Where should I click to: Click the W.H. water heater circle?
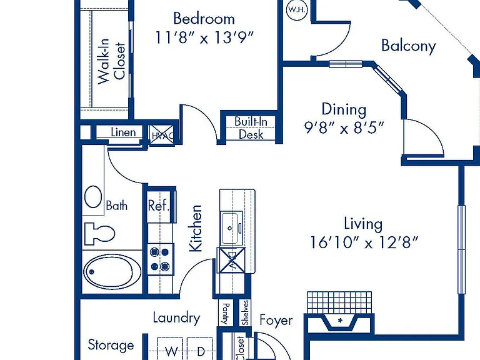coord(296,9)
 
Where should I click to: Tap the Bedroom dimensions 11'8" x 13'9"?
coord(205,37)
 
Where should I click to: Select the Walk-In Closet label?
coord(111,61)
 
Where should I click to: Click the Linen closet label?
coord(123,132)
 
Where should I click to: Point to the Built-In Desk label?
coord(251,128)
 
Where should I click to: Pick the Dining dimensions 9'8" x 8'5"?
coord(344,127)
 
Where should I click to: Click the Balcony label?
coord(409,46)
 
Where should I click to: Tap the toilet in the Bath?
coord(99,234)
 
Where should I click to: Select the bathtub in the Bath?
coord(112,271)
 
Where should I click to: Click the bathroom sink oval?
coord(93,197)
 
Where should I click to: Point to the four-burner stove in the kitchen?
coord(161,259)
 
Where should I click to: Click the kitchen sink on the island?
coord(231,227)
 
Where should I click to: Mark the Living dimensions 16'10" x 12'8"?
coord(364,242)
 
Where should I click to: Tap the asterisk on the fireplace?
coord(340,321)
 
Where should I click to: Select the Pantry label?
coord(225,314)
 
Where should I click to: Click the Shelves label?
coord(246,312)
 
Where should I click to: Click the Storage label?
coord(111,345)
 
